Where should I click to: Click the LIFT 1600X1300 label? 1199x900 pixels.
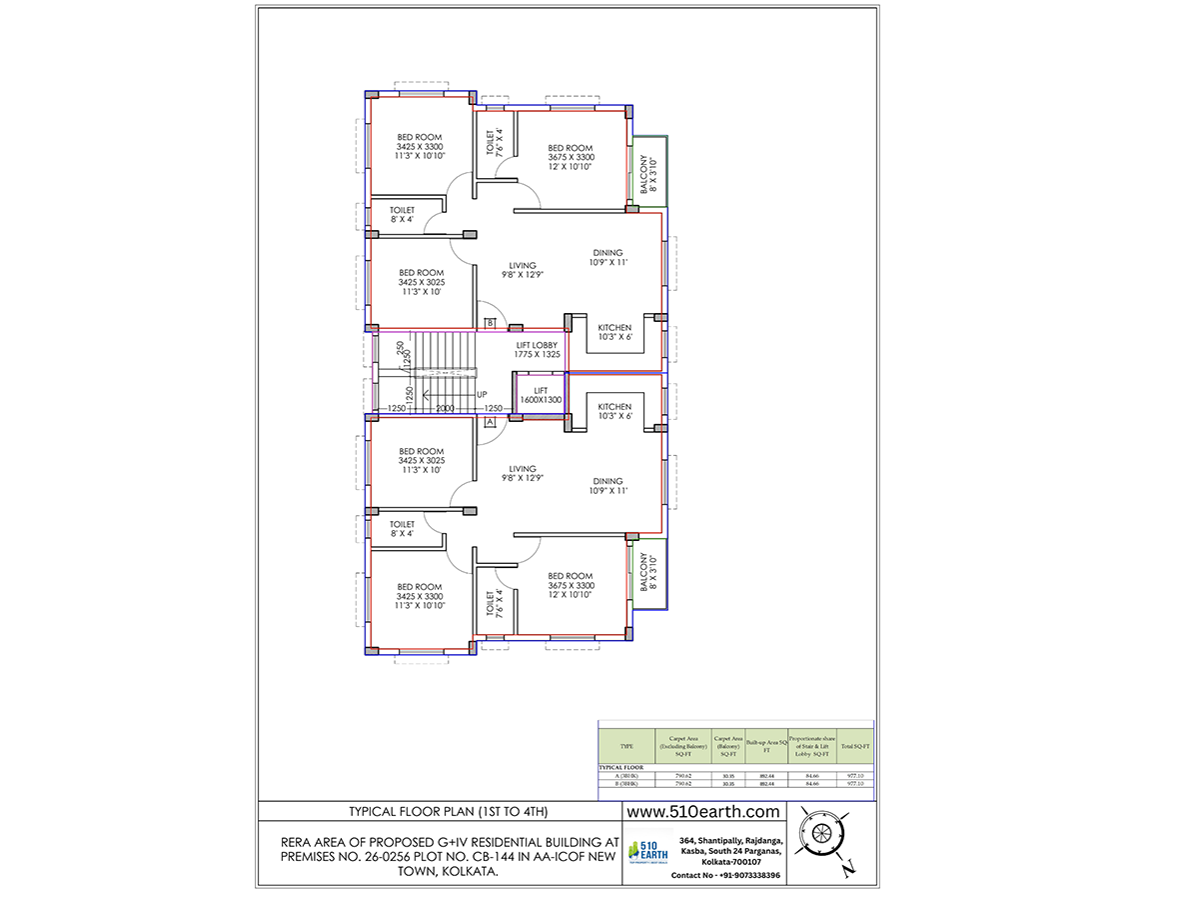tap(541, 395)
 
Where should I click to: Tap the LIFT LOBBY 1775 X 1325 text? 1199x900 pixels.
tap(537, 349)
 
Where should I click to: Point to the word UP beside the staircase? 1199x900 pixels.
tap(482, 394)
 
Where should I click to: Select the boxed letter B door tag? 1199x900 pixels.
tap(491, 322)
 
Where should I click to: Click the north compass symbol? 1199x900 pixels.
tap(826, 835)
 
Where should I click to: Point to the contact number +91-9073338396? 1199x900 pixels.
tap(725, 875)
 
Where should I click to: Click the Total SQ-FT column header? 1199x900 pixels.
tap(855, 746)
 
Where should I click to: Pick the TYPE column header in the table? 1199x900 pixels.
tap(626, 746)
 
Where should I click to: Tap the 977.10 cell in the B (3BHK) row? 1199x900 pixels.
tap(855, 784)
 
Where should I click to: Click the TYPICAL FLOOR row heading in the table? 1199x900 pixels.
tap(621, 767)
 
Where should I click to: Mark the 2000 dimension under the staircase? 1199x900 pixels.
tap(445, 408)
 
